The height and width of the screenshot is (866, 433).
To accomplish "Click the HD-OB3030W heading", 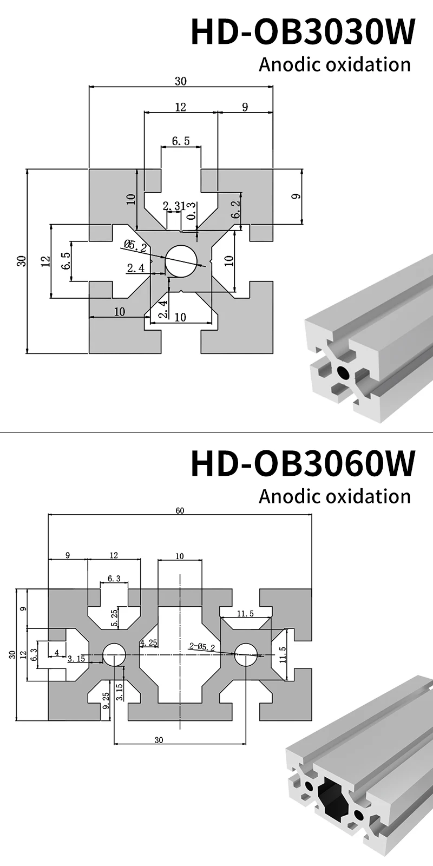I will coord(303,32).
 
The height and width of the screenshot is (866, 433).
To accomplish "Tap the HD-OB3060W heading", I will coord(303,463).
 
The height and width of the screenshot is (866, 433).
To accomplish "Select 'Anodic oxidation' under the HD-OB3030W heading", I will coord(334,64).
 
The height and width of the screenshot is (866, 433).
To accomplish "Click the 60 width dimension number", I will coord(180,510).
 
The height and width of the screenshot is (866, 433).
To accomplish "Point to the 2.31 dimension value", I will coord(173,206).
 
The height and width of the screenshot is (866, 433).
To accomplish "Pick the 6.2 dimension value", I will coord(235,209).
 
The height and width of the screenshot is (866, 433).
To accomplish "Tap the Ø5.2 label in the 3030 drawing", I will coord(135,246).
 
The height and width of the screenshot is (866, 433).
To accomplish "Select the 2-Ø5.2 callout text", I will coord(202,646).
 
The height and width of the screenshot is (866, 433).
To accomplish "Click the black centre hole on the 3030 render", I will coord(342,372).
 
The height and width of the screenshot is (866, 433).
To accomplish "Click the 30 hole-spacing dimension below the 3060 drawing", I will coord(158,740).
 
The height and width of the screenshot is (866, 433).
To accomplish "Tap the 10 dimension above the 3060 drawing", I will coord(180,556).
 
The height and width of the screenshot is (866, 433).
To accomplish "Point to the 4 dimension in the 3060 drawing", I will coord(57,652).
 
